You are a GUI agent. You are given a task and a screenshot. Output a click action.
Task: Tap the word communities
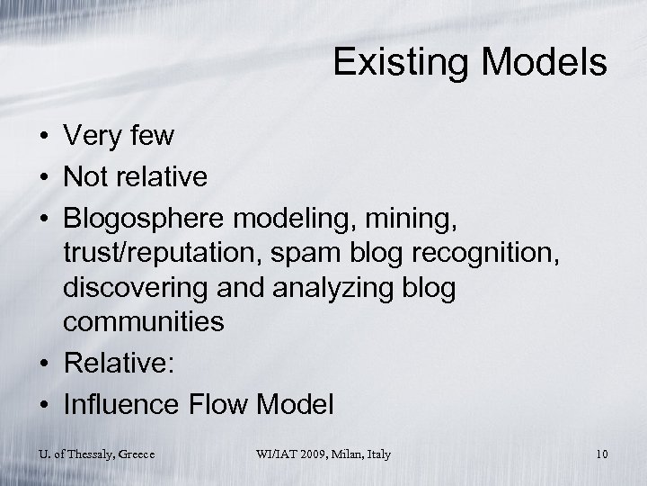click(x=144, y=321)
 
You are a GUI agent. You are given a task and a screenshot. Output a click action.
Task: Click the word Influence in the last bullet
click(x=123, y=404)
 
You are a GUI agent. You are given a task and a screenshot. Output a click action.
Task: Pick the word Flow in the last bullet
click(x=222, y=404)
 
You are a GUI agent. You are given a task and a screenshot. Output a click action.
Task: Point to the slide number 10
click(x=600, y=454)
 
